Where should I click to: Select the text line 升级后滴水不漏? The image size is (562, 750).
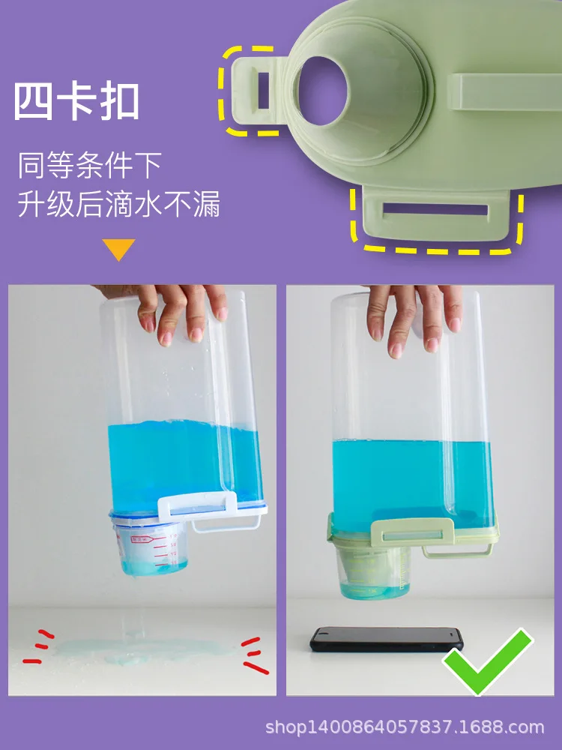click(119, 204)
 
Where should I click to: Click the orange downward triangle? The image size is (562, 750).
click(118, 249)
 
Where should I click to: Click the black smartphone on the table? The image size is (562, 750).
click(387, 640)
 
